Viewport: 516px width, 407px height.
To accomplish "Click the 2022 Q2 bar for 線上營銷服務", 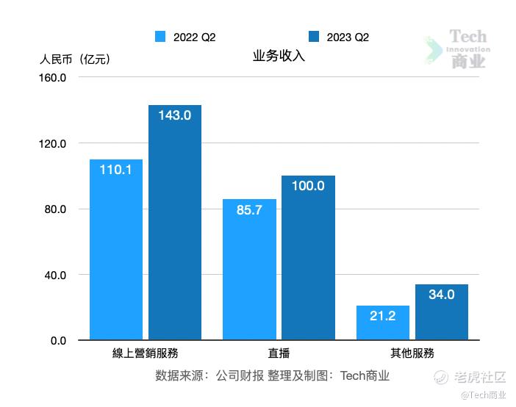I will click(x=116, y=250).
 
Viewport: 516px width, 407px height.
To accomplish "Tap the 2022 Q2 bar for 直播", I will click(x=249, y=270).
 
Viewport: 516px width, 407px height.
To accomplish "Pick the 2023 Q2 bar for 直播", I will click(x=308, y=258).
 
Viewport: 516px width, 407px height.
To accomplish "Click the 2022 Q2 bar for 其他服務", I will click(x=382, y=323).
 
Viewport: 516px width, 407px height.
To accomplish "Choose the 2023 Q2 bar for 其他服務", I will click(x=441, y=312).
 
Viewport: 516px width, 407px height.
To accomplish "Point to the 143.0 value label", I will click(x=175, y=115).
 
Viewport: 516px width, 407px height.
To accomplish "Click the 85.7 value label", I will click(x=249, y=210).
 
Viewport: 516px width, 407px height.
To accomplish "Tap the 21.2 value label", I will click(x=382, y=316).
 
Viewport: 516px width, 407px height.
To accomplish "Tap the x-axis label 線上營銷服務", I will click(x=146, y=353).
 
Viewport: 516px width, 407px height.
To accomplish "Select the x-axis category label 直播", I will click(x=279, y=353).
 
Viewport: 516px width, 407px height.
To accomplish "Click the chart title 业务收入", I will click(x=279, y=57).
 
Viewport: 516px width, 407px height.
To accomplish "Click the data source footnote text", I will click(x=272, y=375).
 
